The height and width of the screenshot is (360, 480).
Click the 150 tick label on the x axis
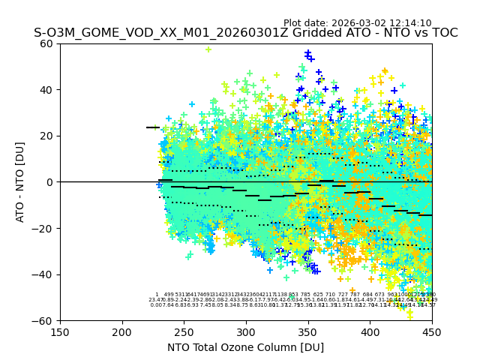[60, 332]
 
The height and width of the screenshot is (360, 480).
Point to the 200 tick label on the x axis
[122, 332]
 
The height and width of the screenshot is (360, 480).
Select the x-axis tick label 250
[184, 332]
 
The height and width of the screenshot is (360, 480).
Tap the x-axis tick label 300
[246, 332]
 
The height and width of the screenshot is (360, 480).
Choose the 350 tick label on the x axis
[308, 332]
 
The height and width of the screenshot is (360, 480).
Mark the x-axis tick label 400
[370, 332]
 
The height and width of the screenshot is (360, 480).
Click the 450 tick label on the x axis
[432, 332]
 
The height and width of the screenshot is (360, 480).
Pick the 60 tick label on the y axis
[47, 43]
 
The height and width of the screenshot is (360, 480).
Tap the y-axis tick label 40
[47, 90]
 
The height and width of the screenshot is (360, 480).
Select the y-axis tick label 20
[47, 136]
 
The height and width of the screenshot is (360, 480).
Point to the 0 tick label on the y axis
[50, 182]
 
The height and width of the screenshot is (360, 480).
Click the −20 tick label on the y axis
[43, 228]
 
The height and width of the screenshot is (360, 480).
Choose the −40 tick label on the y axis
[43, 274]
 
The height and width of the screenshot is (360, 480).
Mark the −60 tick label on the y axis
[43, 320]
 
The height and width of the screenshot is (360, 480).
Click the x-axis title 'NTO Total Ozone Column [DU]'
[245, 347]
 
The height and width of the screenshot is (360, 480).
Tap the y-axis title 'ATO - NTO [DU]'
[21, 182]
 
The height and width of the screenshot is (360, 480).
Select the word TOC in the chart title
[444, 34]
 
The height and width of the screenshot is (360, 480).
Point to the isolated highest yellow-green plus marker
[208, 49]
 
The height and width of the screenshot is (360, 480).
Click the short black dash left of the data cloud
[152, 127]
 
